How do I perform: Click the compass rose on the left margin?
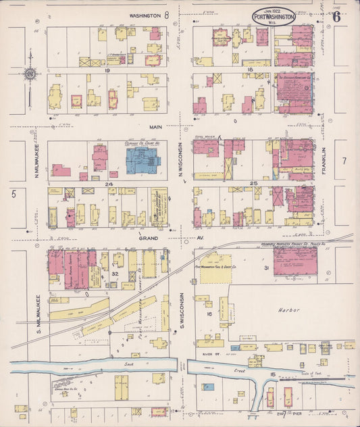(29, 74)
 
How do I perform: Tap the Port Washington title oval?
(274, 16)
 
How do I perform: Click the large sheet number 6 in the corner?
(336, 17)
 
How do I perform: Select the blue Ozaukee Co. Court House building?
(143, 161)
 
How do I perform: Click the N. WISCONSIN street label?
(182, 163)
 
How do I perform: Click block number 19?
(107, 70)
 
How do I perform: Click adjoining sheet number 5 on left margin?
(13, 194)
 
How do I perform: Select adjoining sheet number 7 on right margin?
(343, 161)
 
